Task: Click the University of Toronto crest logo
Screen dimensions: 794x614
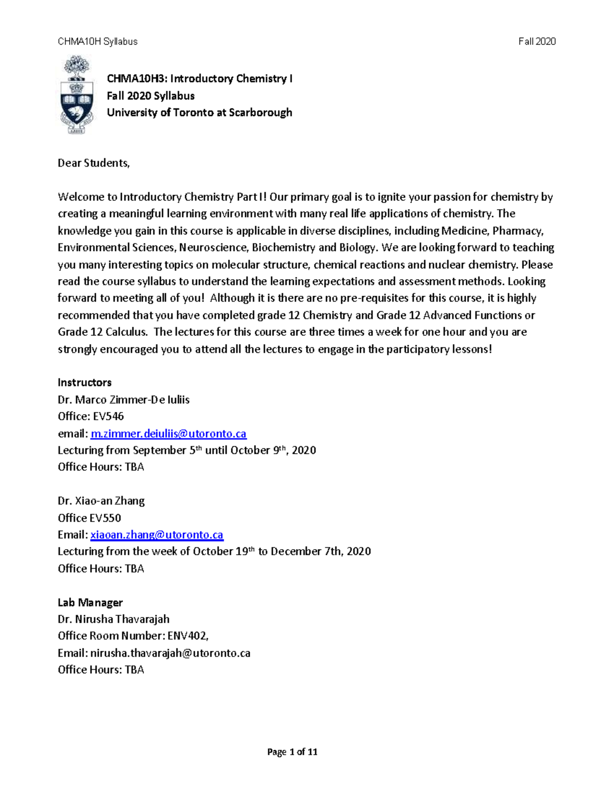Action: coord(77,96)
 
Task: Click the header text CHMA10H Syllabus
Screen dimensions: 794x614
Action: coord(98,41)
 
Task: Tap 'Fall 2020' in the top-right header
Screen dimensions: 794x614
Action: coord(537,41)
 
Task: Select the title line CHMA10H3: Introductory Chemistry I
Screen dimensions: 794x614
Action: coord(200,79)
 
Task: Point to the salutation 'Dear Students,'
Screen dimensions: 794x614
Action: coord(94,163)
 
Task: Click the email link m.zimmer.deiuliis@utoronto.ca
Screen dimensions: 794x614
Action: coord(168,434)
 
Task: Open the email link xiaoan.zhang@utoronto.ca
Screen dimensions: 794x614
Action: coord(157,535)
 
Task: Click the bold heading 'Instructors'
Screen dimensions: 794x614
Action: coord(84,382)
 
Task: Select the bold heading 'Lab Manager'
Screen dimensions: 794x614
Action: coord(90,603)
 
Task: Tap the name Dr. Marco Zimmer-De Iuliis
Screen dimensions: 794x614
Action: coord(123,400)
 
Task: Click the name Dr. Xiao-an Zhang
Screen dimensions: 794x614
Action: coord(101,501)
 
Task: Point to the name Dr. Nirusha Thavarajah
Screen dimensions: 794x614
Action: coord(114,619)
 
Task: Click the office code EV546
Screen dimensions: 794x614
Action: coord(108,417)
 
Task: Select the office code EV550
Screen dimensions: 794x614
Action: coord(105,518)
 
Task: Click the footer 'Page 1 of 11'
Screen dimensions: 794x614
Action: coord(292,752)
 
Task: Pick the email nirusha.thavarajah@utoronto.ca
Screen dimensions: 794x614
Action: coord(170,653)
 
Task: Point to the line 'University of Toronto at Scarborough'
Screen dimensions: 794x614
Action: coord(200,112)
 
